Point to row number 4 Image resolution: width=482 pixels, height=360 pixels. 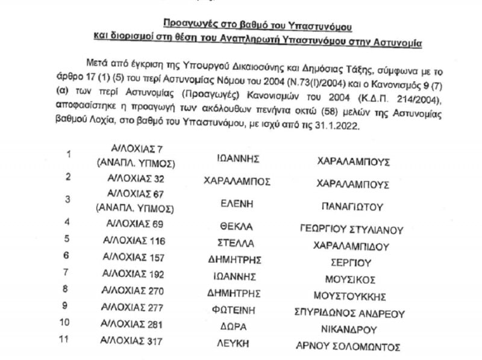pyautogui.click(x=68, y=222)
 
